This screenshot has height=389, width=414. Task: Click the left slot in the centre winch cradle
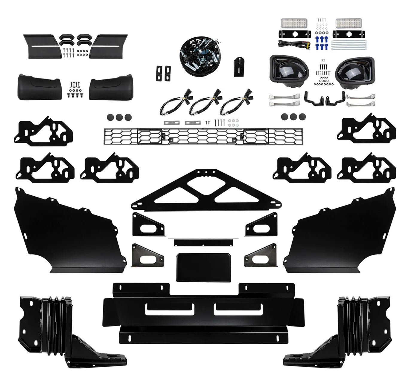169,309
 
